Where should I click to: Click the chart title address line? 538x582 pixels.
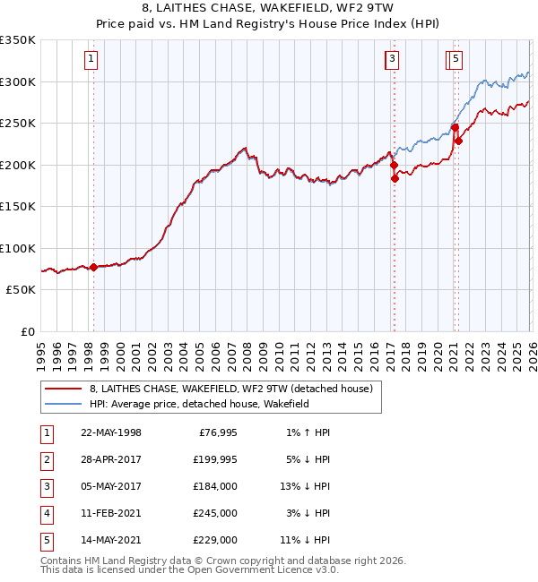pos(268,8)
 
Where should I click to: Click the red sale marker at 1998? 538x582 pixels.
pos(93,267)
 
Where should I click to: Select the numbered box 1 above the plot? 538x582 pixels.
pos(92,60)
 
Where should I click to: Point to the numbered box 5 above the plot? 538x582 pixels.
pos(456,60)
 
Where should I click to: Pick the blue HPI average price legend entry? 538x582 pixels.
pos(198,405)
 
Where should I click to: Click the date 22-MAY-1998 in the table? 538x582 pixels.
pos(111,433)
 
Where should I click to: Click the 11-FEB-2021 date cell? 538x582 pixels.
pos(111,514)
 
